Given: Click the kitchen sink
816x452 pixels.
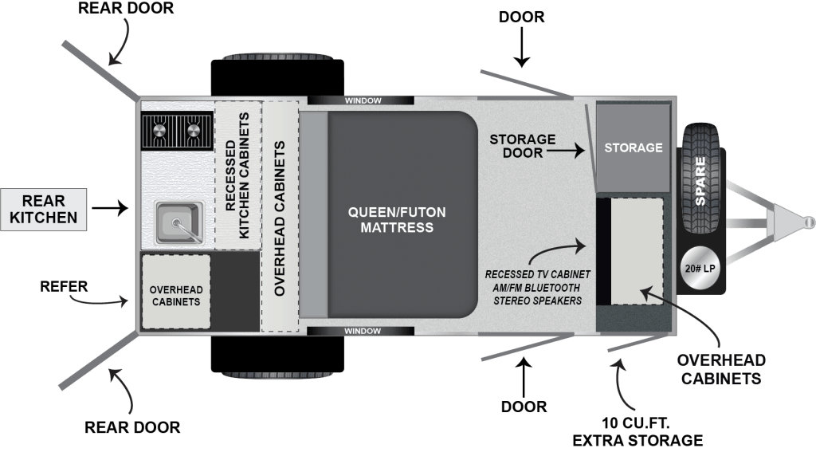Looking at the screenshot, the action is [179, 222].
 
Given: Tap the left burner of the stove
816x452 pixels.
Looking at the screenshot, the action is [159, 130].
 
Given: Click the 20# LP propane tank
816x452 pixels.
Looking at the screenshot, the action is [700, 269].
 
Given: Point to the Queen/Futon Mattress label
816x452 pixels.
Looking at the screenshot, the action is [397, 220].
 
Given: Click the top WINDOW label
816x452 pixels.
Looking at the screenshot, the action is [363, 100].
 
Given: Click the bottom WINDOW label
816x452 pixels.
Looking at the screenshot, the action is [363, 331].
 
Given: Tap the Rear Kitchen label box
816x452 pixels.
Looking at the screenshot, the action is [43, 210].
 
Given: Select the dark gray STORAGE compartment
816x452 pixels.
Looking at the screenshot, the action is [634, 148].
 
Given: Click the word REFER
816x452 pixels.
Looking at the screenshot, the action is [64, 286].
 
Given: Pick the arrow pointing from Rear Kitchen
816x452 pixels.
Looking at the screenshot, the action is [110, 208].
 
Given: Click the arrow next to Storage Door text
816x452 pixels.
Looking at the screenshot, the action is [566, 151].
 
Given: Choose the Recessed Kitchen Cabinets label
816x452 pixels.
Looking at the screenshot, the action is [237, 175].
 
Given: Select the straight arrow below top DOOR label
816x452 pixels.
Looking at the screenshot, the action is [521, 48].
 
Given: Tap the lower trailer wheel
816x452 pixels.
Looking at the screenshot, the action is [277, 356].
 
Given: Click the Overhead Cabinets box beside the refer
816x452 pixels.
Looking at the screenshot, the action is [176, 292].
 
